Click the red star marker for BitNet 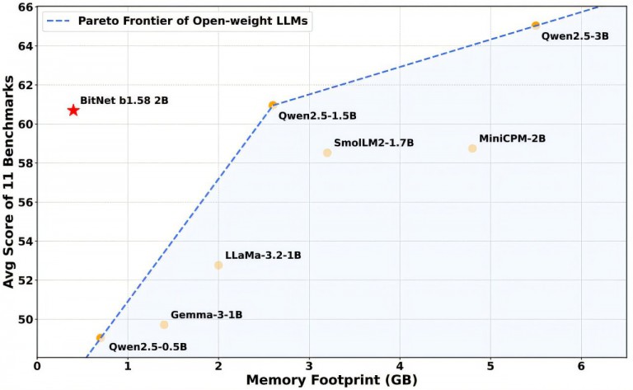pos(73,110)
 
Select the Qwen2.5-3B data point pos(536,26)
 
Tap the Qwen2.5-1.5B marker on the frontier pos(273,106)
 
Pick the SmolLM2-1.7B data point pos(327,153)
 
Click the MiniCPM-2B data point pos(472,148)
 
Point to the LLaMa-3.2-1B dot pos(218,265)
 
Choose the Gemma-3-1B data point pos(164,325)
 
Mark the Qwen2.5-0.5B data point pos(101,337)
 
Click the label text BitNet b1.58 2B pos(124,100)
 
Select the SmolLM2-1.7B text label pos(373,143)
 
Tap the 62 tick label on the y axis pos(25,85)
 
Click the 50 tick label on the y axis pos(25,320)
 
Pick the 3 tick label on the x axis pos(309,364)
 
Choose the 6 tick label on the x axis pos(581,364)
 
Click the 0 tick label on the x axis pos(37,364)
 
